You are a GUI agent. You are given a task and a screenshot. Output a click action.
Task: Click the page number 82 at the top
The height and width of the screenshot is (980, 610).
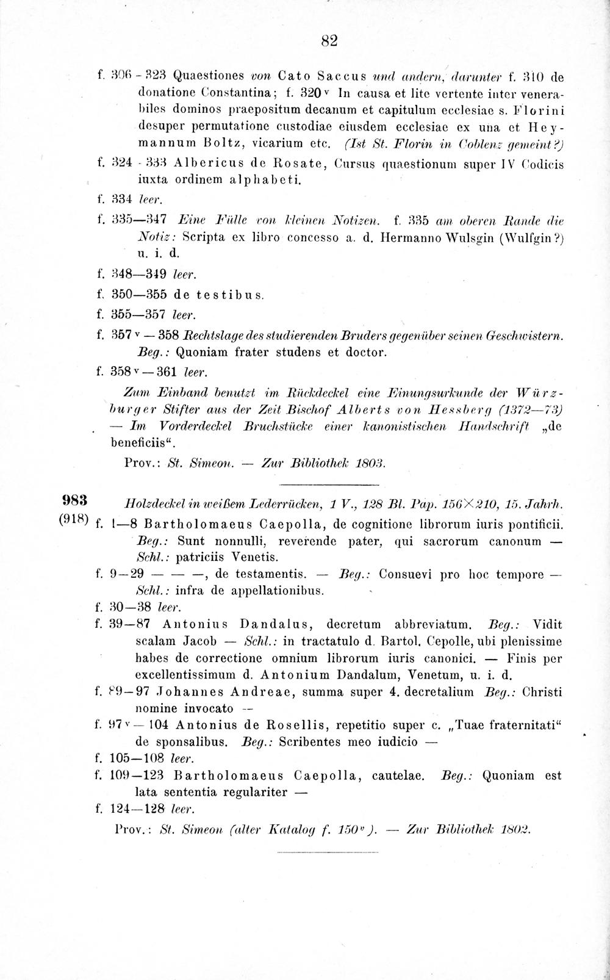pyautogui.click(x=329, y=41)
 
